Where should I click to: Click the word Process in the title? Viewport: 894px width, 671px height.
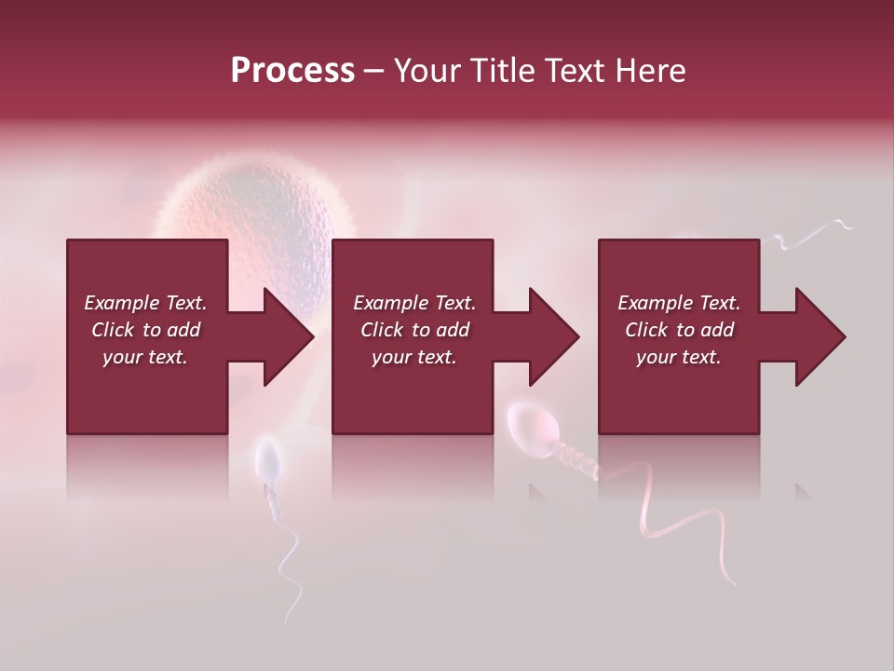point(292,71)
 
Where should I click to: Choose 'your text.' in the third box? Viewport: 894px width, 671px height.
point(679,357)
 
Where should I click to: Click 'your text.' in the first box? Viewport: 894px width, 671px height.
point(145,357)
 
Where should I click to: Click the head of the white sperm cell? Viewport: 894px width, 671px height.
point(268,460)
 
